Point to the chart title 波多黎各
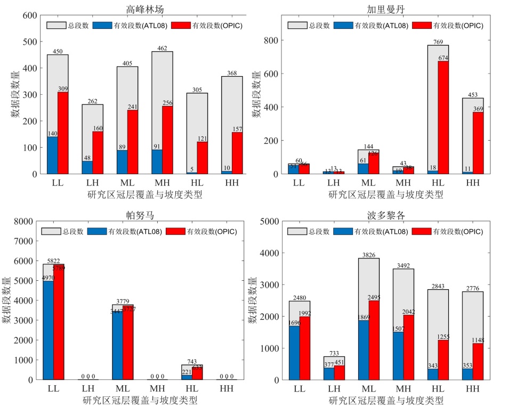(385, 214)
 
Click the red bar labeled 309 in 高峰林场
(63, 133)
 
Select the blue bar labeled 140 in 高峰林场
(52, 155)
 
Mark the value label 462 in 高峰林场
(162, 48)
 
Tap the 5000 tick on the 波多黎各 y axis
(270, 221)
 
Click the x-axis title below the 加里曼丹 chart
(385, 194)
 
